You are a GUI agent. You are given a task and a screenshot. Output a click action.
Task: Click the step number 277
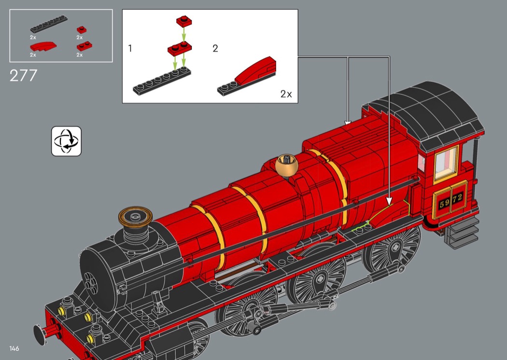23,76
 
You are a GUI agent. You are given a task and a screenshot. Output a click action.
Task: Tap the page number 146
14,348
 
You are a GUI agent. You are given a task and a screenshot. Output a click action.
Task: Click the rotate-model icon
66,141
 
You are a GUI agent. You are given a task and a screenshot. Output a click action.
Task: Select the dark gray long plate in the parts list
49,24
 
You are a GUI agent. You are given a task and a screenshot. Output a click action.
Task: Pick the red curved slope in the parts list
43,47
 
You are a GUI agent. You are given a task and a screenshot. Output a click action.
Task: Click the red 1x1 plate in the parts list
82,30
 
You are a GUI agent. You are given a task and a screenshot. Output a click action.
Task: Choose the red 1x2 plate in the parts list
84,46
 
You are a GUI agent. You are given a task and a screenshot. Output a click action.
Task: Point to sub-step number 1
130,48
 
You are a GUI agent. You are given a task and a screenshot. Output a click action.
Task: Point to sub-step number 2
215,48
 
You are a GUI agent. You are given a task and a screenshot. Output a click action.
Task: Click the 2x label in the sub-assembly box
286,94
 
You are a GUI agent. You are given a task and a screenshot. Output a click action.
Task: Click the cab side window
446,163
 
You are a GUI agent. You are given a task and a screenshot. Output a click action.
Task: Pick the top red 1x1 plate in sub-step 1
184,21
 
